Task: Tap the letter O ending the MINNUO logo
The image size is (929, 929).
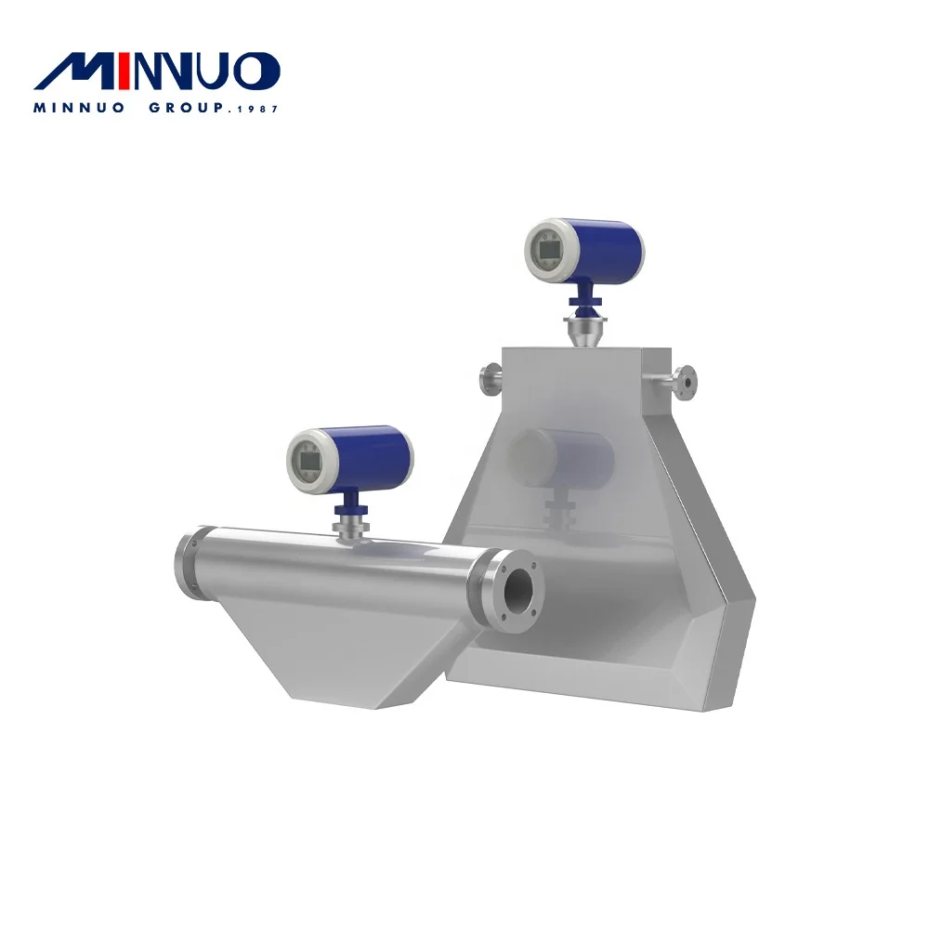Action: pyautogui.click(x=256, y=72)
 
